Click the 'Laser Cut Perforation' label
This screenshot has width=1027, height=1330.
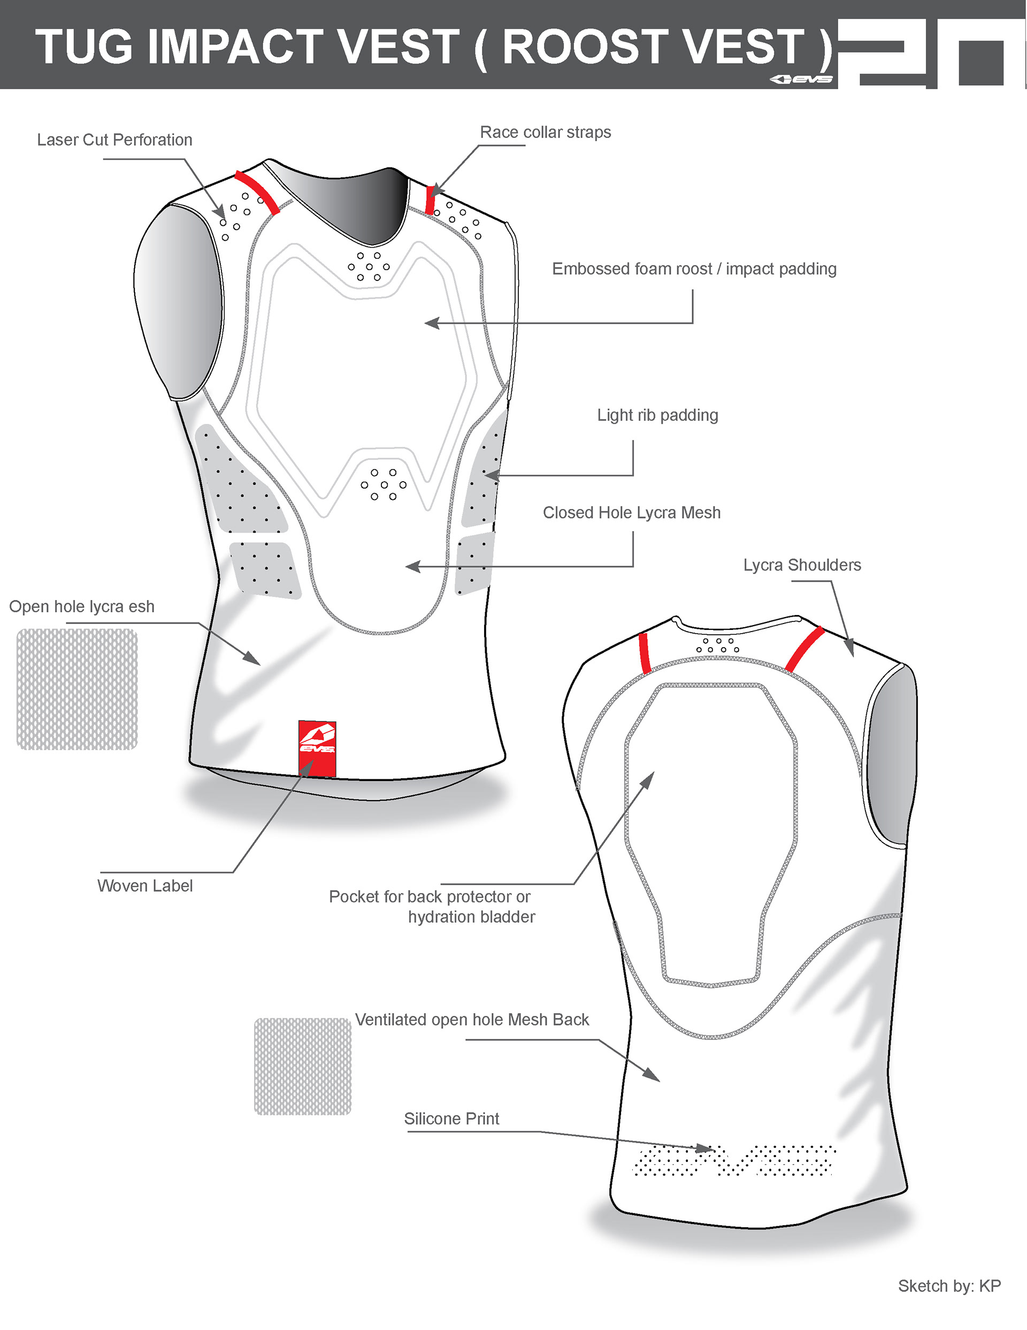(114, 140)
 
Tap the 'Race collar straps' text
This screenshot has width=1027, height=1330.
(545, 132)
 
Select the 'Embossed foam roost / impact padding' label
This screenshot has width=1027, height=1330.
(694, 269)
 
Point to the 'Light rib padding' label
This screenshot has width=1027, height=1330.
(657, 415)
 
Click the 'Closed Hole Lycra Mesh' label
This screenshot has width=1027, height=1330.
(631, 513)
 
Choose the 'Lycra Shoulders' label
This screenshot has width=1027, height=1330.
(802, 565)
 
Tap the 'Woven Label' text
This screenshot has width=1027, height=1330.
(145, 886)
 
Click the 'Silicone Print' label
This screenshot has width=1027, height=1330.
(451, 1119)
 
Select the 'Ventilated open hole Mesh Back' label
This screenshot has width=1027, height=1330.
(472, 1020)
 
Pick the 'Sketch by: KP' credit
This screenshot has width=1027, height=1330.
(949, 1286)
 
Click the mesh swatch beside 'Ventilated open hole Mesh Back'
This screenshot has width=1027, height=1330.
(303, 1066)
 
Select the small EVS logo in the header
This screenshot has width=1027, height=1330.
(801, 79)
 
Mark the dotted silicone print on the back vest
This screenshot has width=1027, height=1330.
(733, 1160)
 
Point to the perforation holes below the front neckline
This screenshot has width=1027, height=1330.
(369, 267)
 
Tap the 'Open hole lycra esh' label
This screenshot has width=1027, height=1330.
(82, 606)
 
